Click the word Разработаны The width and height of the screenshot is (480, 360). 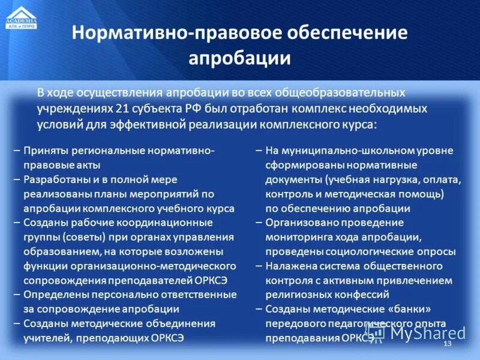(x=55, y=179)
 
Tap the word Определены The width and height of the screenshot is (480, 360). (x=55, y=295)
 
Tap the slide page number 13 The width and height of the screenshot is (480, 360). (x=446, y=343)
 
